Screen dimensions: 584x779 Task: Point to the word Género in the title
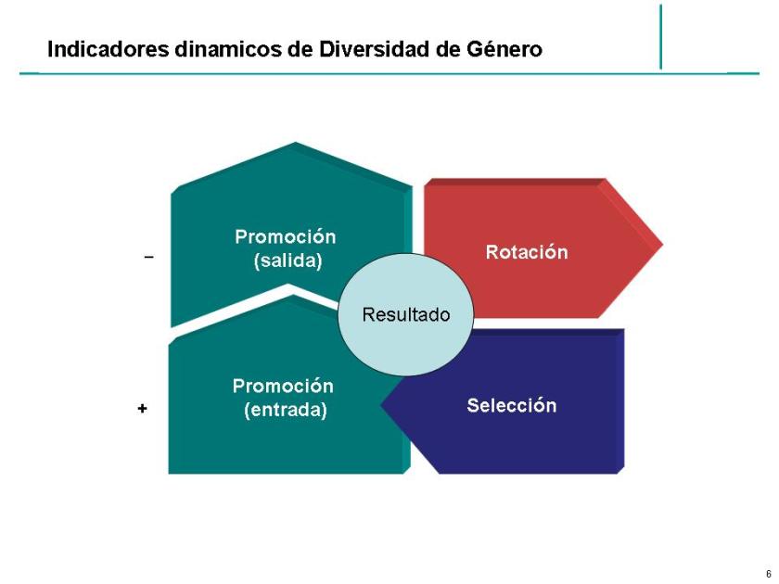[508, 48]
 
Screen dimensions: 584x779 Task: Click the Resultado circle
[405, 314]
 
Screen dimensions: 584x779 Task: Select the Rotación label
[526, 252]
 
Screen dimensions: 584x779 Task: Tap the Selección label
[511, 405]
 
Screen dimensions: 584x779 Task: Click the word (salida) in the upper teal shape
[287, 260]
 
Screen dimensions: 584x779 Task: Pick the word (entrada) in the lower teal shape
[285, 409]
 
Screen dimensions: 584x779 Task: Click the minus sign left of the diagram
[148, 257]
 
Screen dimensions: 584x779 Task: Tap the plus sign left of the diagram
[142, 407]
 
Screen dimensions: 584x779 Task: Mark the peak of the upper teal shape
[295, 145]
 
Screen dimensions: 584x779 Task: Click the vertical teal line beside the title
[661, 37]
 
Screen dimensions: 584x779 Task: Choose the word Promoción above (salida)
[285, 236]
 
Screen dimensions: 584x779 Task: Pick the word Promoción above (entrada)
[283, 386]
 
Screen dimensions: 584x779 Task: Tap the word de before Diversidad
[300, 48]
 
